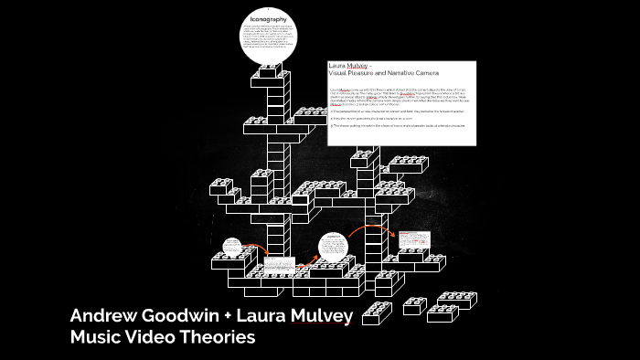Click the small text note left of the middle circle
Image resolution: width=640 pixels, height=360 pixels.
point(275,266)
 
